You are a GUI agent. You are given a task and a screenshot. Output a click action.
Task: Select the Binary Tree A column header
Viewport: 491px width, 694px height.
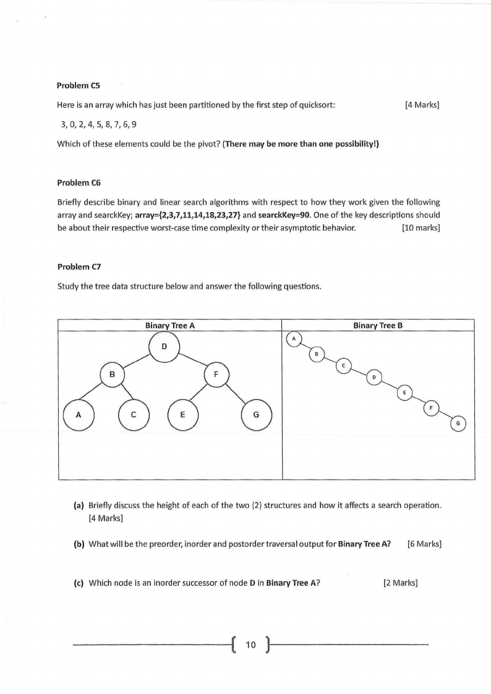coord(170,325)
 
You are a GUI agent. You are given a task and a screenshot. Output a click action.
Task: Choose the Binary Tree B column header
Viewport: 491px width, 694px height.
coord(378,325)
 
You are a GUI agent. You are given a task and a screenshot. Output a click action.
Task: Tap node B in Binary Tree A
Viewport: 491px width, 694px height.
coord(112,375)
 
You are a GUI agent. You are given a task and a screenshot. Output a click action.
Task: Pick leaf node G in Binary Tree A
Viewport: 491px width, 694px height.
coord(256,415)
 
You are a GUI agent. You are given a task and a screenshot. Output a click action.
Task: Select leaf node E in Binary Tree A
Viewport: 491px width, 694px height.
coord(182,415)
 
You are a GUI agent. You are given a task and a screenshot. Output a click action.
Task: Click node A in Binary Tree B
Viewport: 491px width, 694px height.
coord(294,339)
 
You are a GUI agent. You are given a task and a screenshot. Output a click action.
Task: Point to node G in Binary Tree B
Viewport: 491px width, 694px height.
coord(458,424)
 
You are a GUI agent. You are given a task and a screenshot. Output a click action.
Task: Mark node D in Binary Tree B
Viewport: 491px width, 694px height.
coord(374,377)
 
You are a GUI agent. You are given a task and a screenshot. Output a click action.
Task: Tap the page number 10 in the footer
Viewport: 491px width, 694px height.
coord(250,645)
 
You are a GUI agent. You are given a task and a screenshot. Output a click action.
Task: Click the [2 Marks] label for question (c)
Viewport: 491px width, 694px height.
coord(401,583)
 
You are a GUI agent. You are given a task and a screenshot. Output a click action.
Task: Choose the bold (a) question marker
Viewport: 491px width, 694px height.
coord(79,505)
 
